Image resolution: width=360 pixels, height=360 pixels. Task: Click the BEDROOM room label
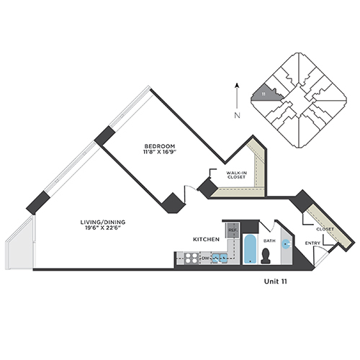[160, 146]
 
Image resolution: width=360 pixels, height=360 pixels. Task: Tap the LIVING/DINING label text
[103, 222]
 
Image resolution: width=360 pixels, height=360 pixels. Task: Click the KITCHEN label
[207, 239]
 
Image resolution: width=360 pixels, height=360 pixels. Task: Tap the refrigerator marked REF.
[232, 230]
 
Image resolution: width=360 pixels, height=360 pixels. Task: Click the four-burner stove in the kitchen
[192, 258]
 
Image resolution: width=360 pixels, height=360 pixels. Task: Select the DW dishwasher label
[205, 258]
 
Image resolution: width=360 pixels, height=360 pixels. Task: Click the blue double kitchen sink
[220, 258]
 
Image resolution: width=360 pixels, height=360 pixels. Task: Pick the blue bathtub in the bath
[250, 249]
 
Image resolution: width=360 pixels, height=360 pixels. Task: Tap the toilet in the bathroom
[265, 256]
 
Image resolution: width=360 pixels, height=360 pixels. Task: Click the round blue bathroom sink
[286, 244]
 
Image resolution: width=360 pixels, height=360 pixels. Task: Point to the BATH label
[269, 240]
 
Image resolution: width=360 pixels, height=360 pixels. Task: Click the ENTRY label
[312, 243]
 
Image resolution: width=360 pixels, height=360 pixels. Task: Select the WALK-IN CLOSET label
[236, 175]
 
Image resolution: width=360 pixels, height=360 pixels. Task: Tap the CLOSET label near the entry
[325, 229]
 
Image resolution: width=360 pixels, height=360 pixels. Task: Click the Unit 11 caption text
[275, 282]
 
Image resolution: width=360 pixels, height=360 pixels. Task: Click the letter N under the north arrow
[237, 115]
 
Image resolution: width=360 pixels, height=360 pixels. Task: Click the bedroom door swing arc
[192, 187]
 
